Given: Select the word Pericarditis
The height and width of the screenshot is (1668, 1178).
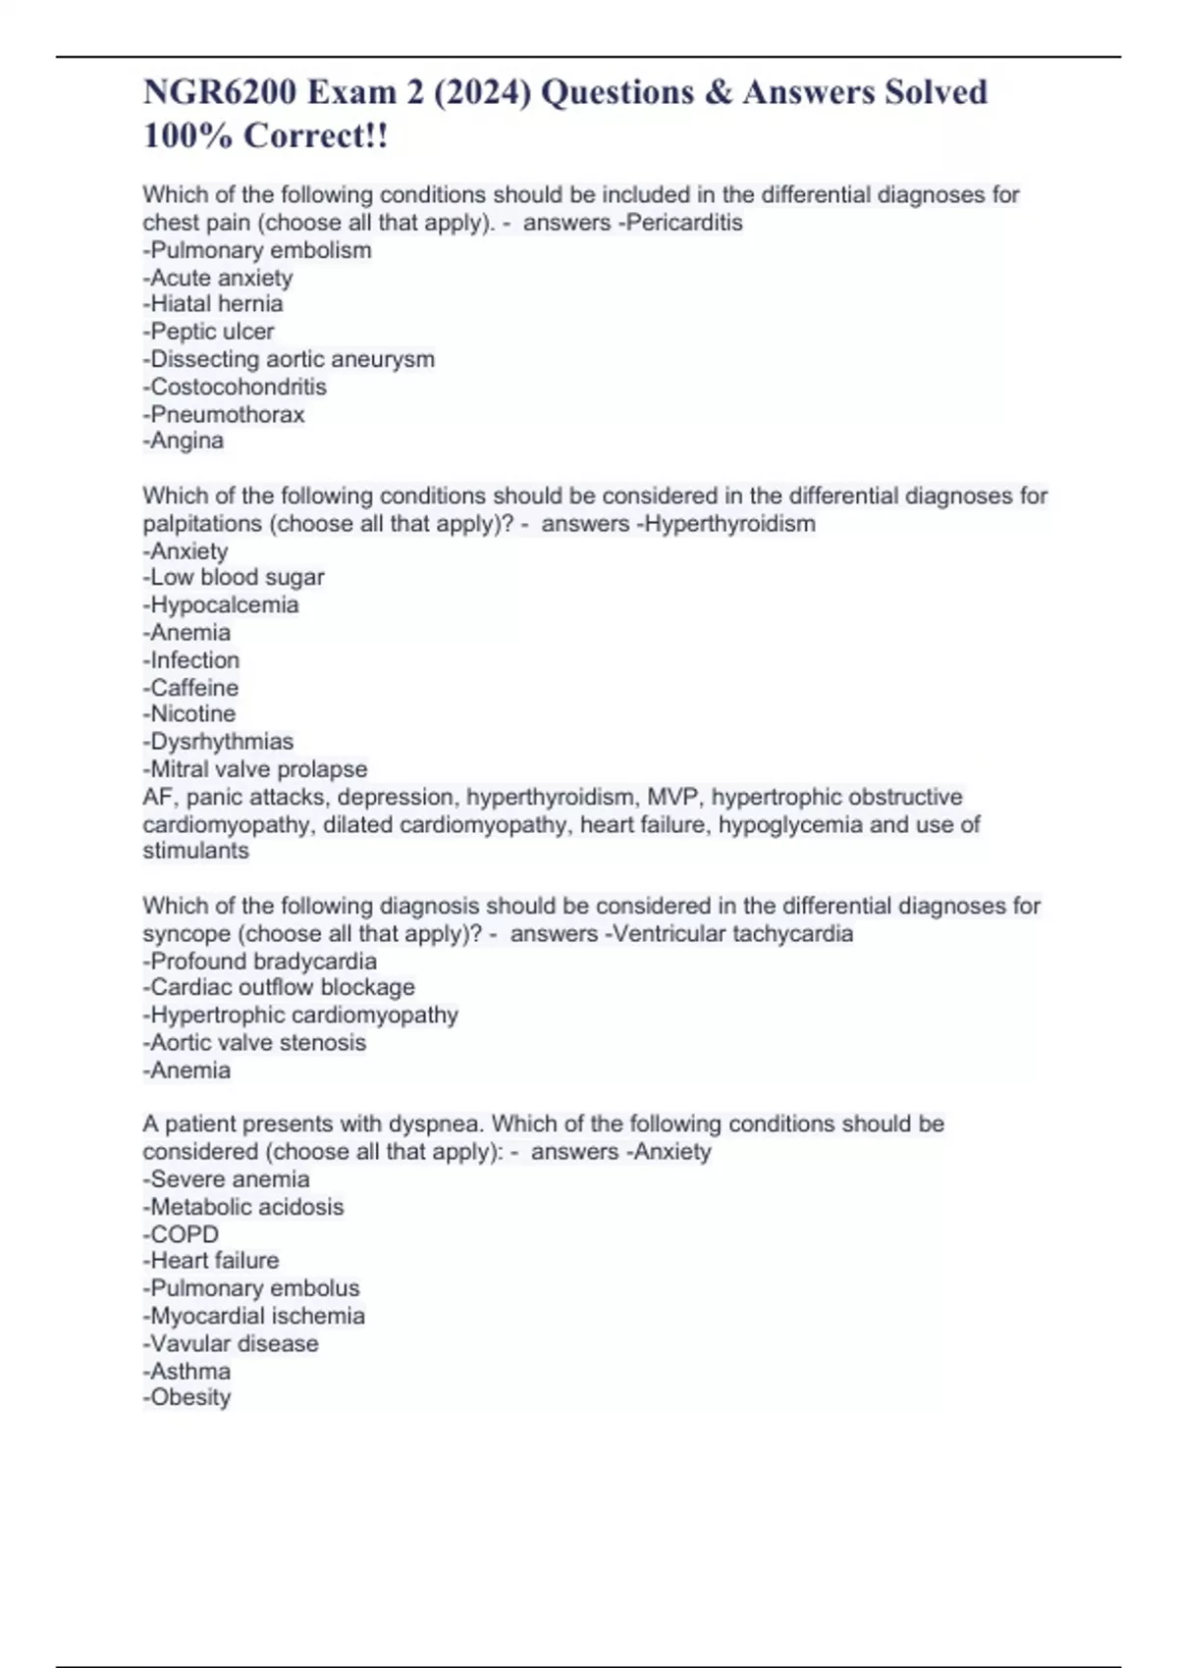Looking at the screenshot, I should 684,223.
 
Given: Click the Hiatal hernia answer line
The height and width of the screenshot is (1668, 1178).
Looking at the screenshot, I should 213,304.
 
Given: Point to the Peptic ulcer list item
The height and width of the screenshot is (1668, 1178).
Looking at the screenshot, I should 209,332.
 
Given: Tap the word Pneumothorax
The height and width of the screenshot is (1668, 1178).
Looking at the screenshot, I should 226,414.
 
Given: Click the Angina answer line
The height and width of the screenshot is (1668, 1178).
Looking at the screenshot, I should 185,441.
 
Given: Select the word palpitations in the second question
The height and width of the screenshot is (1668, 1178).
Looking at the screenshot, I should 203,524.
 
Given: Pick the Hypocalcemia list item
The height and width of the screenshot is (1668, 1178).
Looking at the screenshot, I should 222,604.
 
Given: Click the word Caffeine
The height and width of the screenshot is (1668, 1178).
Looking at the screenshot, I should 193,687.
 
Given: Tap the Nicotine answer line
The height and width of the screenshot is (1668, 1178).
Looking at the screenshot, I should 190,713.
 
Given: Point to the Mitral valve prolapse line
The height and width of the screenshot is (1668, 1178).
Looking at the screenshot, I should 255,769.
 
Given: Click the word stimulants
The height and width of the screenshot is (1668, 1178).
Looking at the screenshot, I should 196,851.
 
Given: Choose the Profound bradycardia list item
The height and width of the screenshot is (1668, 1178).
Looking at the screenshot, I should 260,961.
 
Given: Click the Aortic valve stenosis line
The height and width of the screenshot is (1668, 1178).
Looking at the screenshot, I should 255,1042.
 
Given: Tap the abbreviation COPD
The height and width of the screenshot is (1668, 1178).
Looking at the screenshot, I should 184,1234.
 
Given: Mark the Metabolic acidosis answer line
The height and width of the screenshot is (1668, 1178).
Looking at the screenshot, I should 244,1207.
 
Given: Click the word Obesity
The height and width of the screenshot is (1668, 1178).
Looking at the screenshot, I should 189,1397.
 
